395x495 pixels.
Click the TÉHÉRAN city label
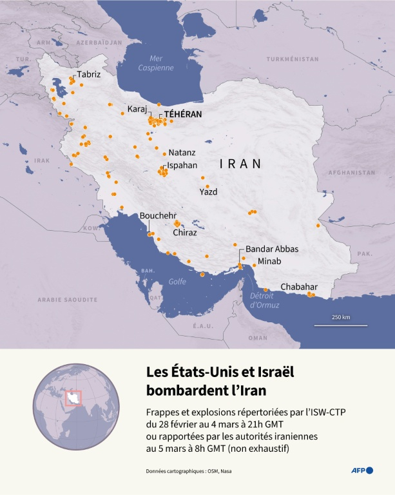click(183, 114)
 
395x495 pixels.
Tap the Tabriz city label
click(89, 75)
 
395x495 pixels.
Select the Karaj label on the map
click(137, 108)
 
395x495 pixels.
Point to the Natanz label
click(182, 153)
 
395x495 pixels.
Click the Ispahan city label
click(182, 166)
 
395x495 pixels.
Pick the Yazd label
click(208, 192)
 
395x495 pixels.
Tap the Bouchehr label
click(158, 216)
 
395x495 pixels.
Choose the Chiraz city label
click(185, 233)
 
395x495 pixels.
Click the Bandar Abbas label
click(272, 249)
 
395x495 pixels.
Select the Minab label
click(269, 262)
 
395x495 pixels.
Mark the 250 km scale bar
click(341, 324)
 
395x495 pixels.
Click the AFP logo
click(361, 471)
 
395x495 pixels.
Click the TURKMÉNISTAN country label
click(294, 59)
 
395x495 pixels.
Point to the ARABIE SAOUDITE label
click(67, 300)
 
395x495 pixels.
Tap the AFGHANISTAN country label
click(351, 173)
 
